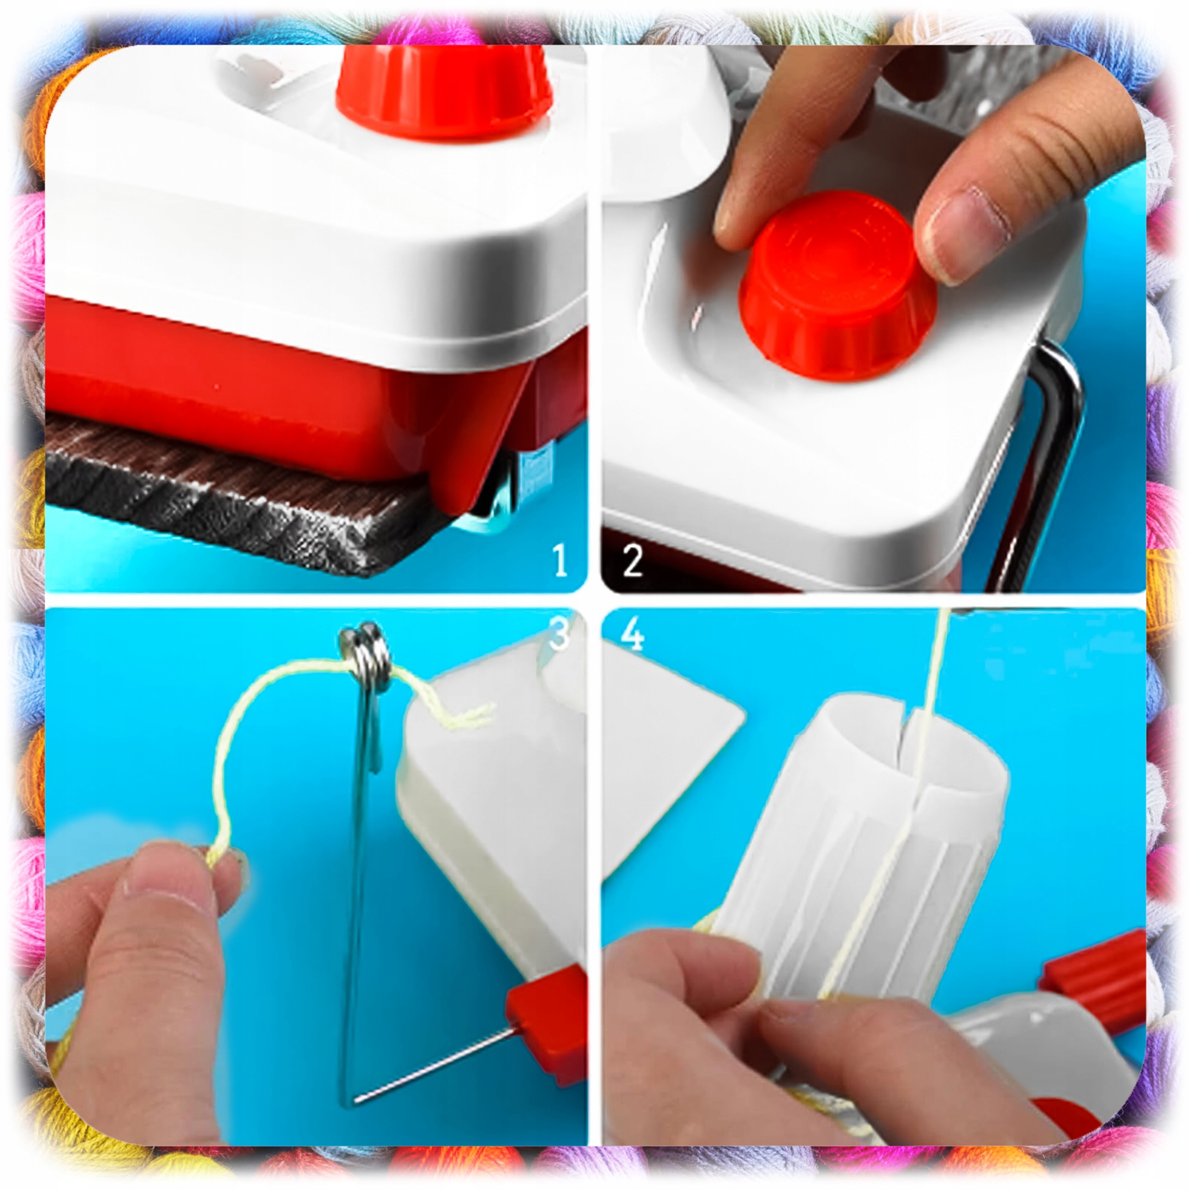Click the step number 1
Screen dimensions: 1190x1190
point(560,560)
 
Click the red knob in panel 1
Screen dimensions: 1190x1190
point(443,89)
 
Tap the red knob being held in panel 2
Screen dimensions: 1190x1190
point(838,284)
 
